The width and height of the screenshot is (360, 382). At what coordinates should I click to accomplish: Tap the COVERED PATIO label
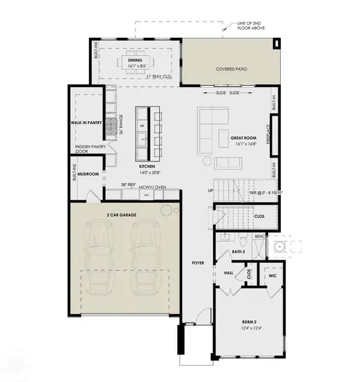pos(232,69)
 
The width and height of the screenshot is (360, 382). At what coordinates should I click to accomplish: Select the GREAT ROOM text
pos(243,138)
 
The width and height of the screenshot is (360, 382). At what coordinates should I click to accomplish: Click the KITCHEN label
pos(148,166)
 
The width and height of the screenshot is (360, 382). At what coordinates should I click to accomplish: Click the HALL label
pos(229,272)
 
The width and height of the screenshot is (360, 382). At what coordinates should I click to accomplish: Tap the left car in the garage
pos(99,258)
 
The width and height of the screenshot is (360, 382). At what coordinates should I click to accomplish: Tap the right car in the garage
pos(145,258)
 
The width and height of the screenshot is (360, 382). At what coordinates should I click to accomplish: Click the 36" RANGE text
pos(121,127)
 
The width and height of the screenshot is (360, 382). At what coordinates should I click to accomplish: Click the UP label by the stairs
pos(209,191)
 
